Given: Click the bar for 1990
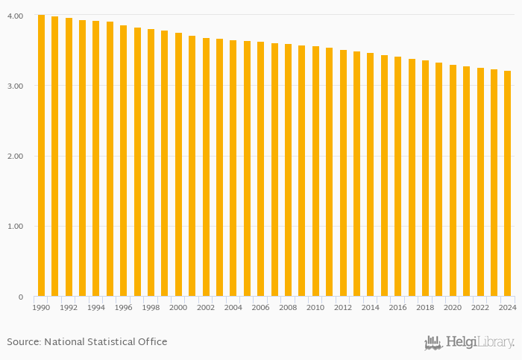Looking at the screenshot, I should pyautogui.click(x=41, y=156).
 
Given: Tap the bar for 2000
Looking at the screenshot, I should pyautogui.click(x=178, y=165).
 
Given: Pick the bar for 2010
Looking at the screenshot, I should pyautogui.click(x=315, y=171).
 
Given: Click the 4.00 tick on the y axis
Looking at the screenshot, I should pyautogui.click(x=17, y=16).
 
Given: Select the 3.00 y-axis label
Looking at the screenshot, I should pyautogui.click(x=17, y=86).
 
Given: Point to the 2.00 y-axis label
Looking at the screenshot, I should pyautogui.click(x=17, y=157).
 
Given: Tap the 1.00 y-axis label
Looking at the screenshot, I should pyautogui.click(x=17, y=227).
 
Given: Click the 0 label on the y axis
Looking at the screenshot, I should pyautogui.click(x=22, y=297).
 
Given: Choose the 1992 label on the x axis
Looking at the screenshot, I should pyautogui.click(x=69, y=307).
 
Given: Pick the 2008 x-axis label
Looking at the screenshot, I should pyautogui.click(x=289, y=307).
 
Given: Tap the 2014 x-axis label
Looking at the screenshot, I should pyautogui.click(x=371, y=307).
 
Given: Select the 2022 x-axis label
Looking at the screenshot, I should pyautogui.click(x=480, y=307).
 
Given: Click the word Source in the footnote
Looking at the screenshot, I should pyautogui.click(x=23, y=342).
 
